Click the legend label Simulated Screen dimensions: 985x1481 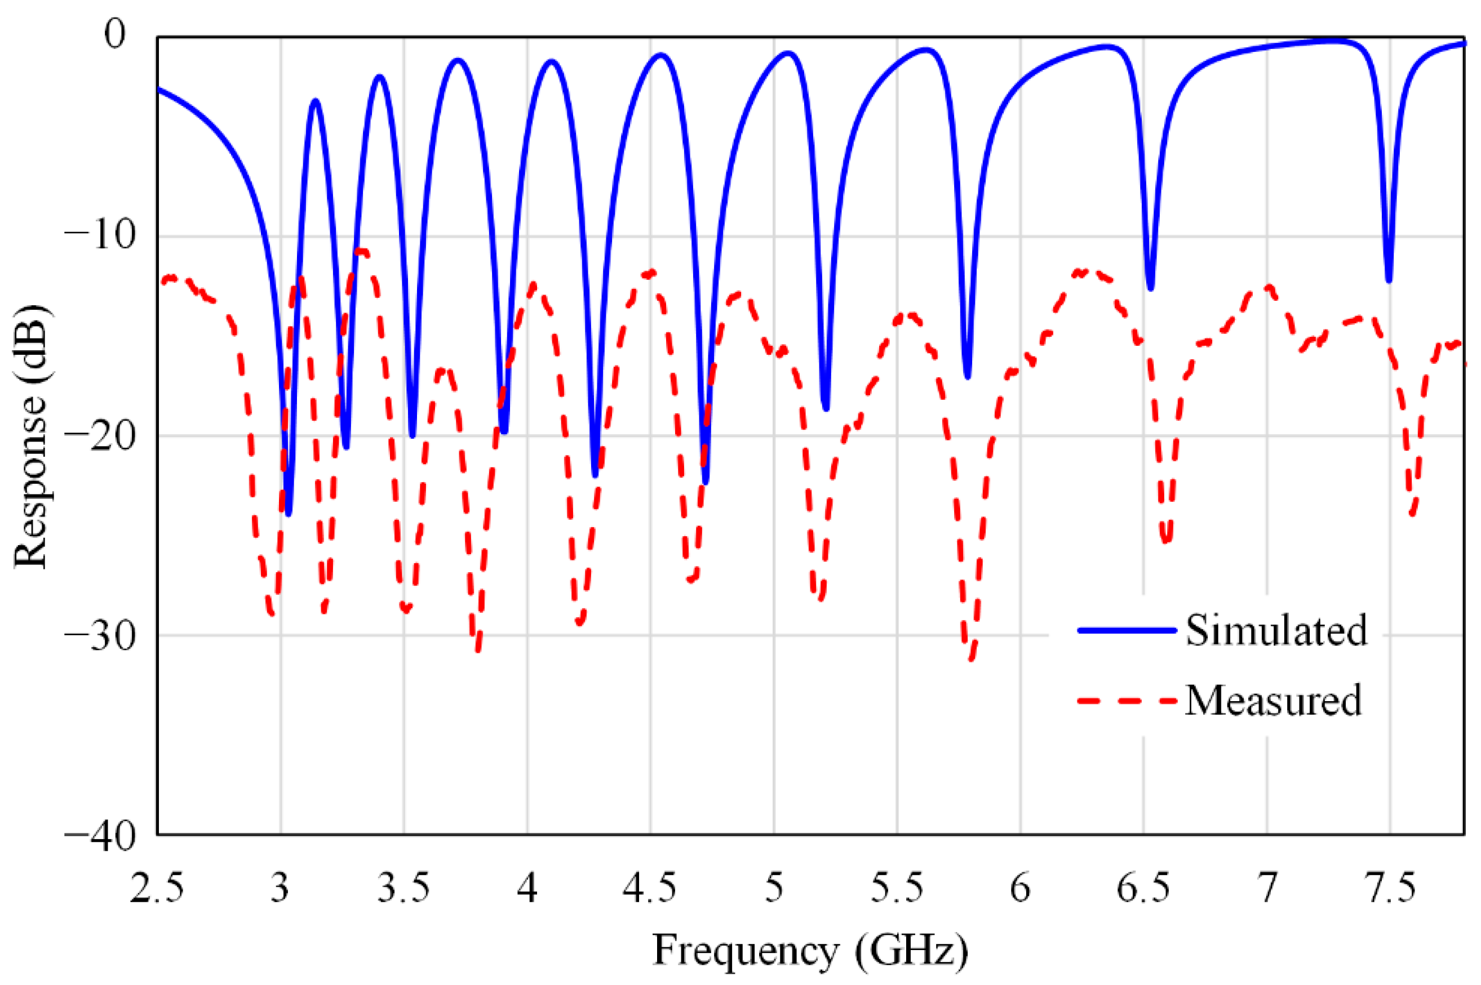click(1275, 630)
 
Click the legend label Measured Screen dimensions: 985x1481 click(1273, 701)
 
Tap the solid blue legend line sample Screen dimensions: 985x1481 click(1126, 630)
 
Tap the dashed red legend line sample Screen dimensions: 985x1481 click(1126, 701)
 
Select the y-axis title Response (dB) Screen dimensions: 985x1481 click(30, 436)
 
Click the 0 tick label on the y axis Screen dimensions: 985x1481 click(115, 34)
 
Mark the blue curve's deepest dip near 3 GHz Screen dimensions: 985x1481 click(289, 514)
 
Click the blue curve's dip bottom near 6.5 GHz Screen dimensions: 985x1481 click(1150, 288)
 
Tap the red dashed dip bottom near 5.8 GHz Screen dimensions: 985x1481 click(971, 658)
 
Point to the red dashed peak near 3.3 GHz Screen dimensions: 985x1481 click(362, 251)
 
